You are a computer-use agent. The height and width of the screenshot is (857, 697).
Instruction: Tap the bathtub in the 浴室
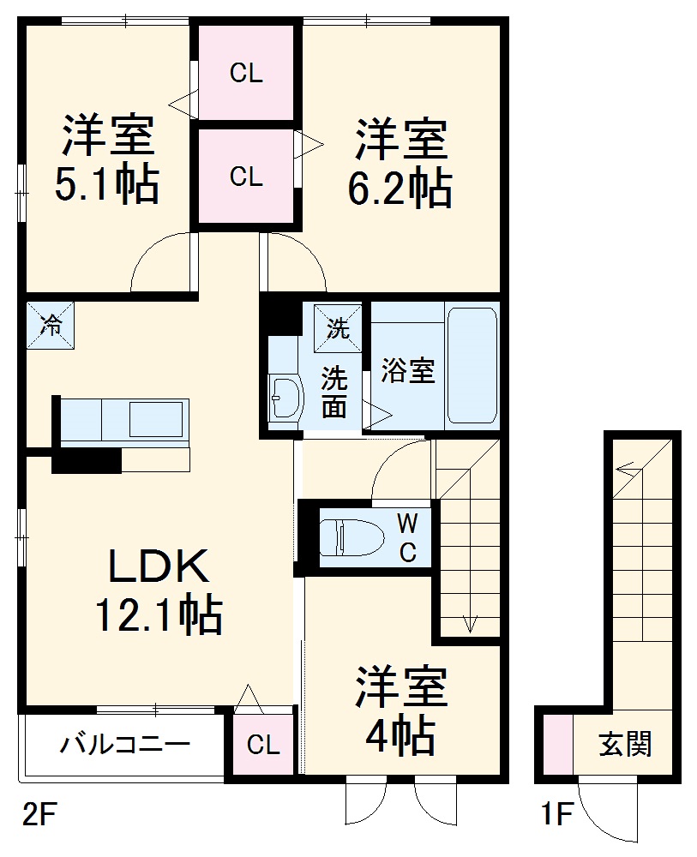tap(472, 366)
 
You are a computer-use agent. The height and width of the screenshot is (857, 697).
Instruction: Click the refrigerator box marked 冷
tap(51, 325)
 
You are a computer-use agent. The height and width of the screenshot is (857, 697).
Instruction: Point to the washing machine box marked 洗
tap(338, 327)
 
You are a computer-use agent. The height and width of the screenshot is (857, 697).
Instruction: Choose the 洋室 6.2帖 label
tap(400, 165)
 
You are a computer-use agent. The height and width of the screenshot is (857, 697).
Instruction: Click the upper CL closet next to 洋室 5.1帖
tap(246, 74)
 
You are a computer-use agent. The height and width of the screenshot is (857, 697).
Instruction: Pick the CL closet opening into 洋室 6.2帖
tap(246, 177)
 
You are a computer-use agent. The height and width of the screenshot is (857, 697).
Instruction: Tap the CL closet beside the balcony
tap(262, 745)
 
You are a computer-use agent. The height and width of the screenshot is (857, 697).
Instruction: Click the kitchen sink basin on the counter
tap(156, 420)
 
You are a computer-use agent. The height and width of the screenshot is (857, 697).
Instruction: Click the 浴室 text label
tap(409, 371)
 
